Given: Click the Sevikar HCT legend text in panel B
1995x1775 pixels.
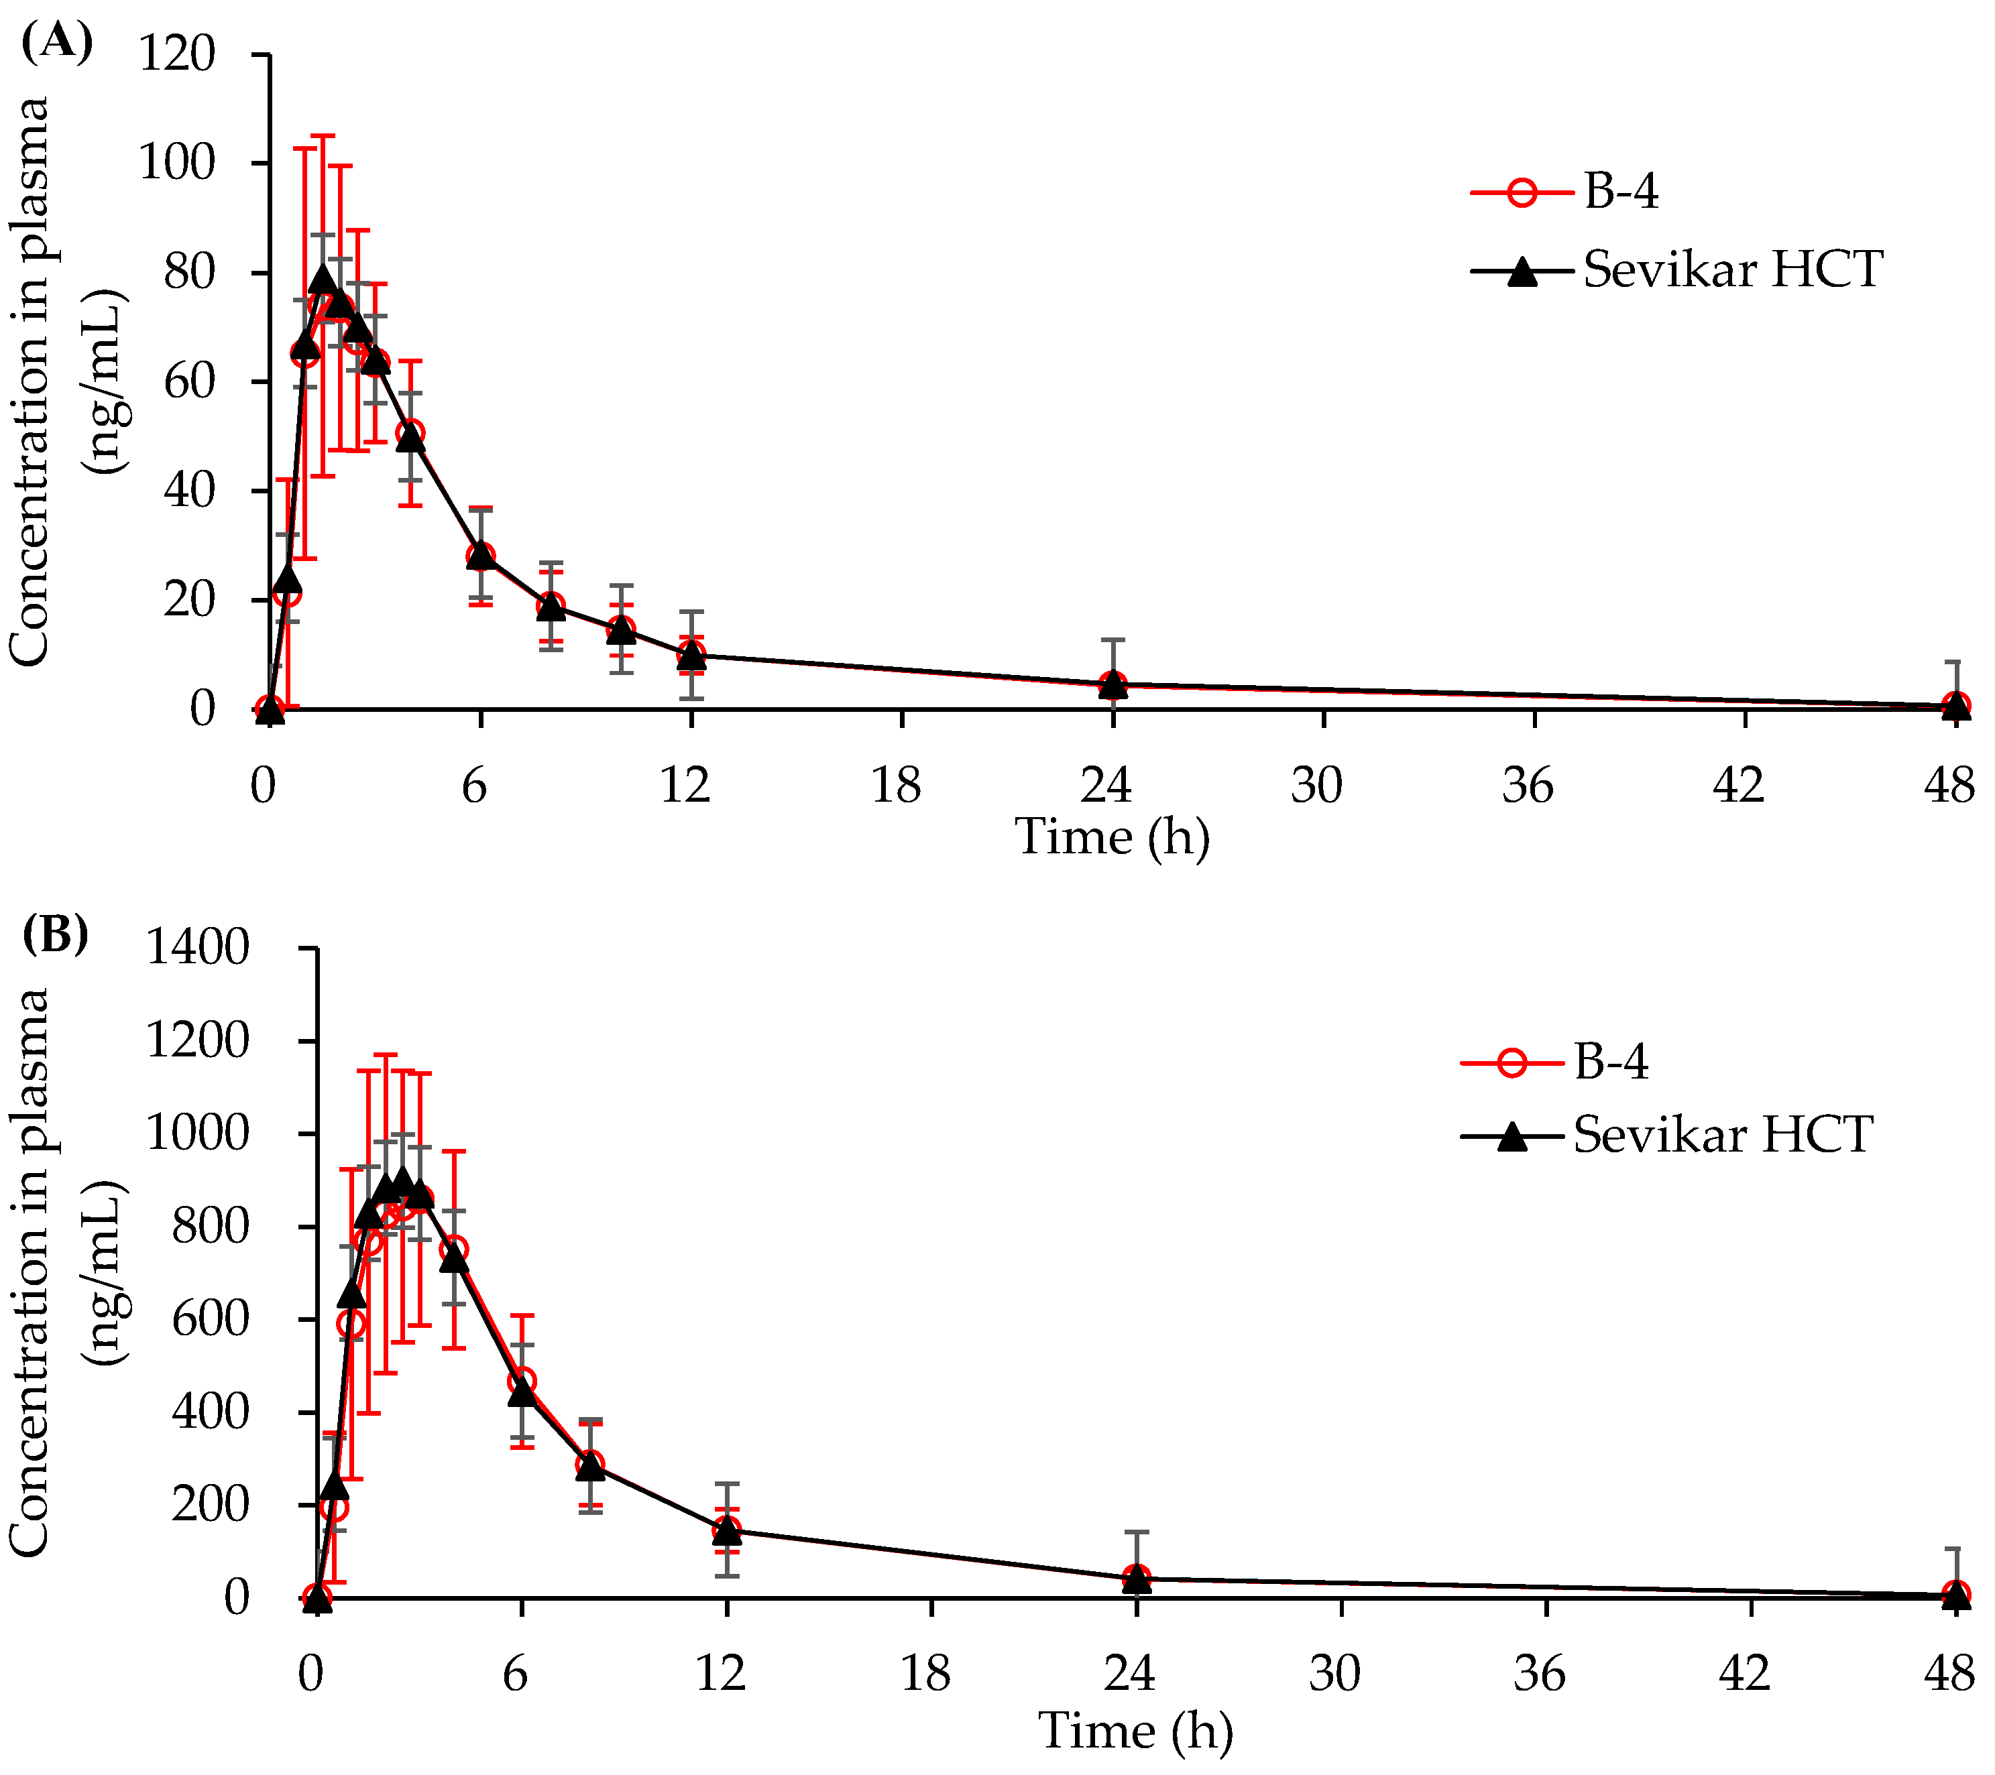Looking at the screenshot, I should pyautogui.click(x=1723, y=1135).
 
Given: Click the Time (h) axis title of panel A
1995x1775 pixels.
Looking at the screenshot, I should pyautogui.click(x=1112, y=837).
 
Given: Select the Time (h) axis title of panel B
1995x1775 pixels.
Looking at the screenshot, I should pyautogui.click(x=1135, y=1731).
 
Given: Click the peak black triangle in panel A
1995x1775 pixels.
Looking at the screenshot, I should pyautogui.click(x=323, y=281).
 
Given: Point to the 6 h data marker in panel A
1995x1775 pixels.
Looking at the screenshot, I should pyautogui.click(x=480, y=555).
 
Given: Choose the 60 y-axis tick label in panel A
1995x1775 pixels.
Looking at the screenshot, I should pyautogui.click(x=188, y=381).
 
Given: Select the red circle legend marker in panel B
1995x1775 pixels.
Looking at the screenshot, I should pyautogui.click(x=1511, y=1062).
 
